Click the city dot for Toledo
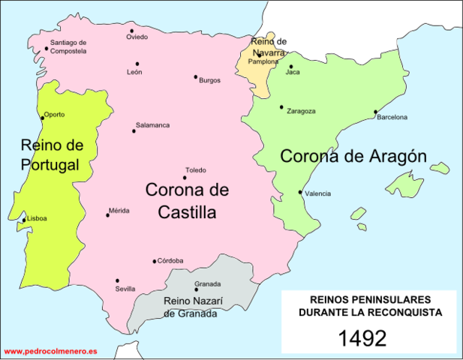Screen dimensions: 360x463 [185, 178]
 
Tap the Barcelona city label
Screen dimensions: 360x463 [392, 118]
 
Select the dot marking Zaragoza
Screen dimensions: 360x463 [281, 107]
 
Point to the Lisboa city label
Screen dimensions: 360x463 [37, 219]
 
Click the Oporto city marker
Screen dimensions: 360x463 [41, 117]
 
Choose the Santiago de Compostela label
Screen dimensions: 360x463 [68, 47]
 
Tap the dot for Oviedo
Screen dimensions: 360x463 [131, 31]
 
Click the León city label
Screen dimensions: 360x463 [135, 73]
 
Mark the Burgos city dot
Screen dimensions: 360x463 [196, 76]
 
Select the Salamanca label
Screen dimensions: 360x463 [152, 125]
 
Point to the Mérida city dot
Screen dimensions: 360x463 [107, 215]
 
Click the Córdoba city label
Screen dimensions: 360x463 [170, 261]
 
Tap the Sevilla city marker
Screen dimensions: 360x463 [117, 280]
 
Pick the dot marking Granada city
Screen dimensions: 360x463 [196, 289]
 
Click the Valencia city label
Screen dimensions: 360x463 [318, 194]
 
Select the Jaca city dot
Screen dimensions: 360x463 [290, 67]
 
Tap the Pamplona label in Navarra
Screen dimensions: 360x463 [263, 62]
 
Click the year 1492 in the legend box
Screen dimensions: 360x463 [362, 338]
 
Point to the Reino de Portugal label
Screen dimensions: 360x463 [51, 154]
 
